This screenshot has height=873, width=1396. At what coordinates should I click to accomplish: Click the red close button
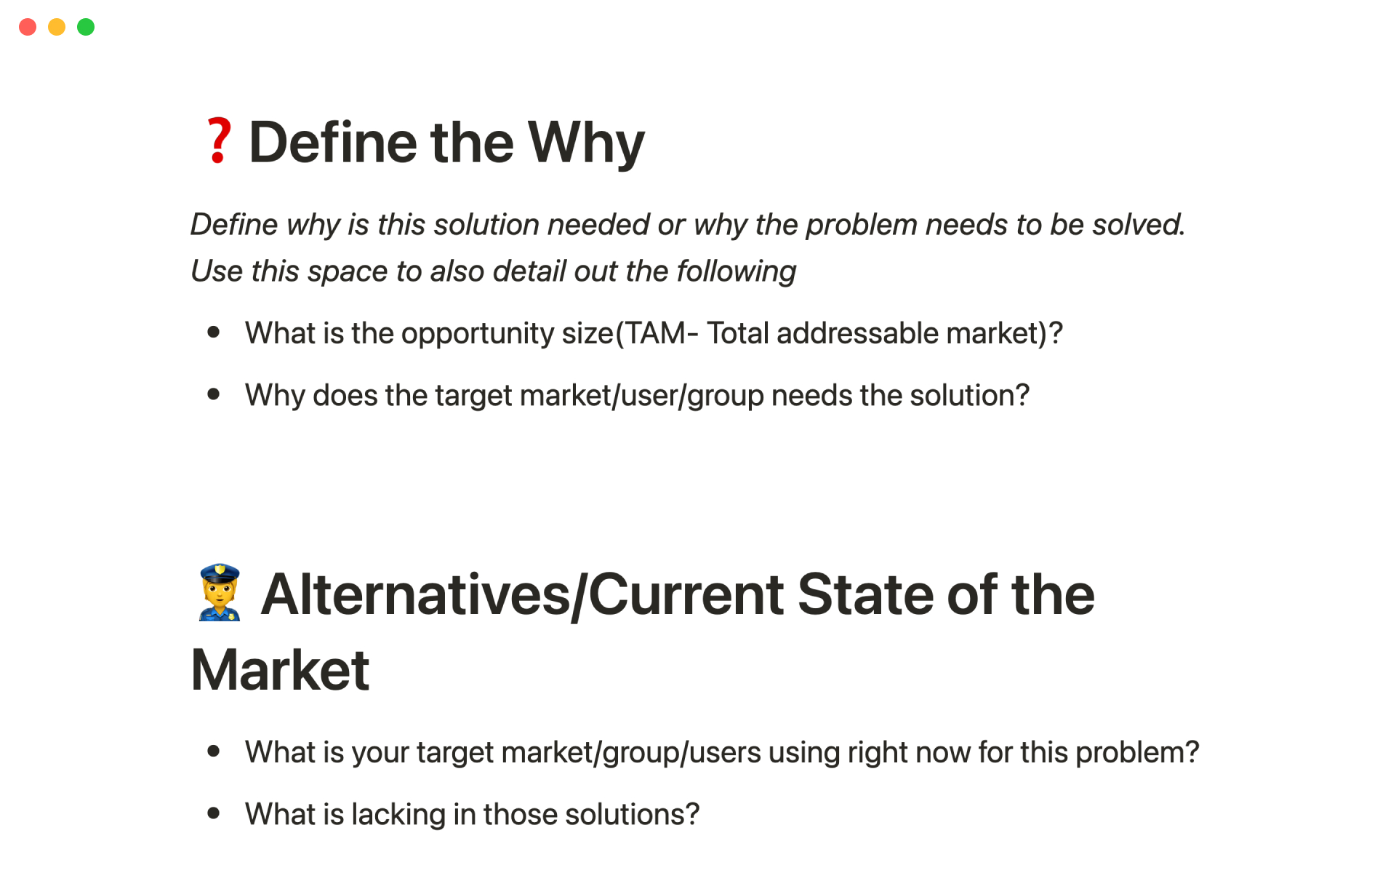[28, 27]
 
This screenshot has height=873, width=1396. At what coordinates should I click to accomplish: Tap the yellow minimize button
[57, 27]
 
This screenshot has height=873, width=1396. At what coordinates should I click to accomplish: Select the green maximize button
[86, 27]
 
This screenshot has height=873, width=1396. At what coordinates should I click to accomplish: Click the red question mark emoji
[218, 141]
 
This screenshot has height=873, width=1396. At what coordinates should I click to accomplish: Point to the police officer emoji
[219, 592]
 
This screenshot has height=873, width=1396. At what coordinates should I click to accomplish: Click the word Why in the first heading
[586, 144]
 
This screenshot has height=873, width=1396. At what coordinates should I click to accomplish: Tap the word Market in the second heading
[280, 670]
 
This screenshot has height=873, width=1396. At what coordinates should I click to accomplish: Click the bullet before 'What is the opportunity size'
[214, 332]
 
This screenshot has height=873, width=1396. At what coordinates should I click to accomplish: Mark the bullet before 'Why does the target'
[214, 394]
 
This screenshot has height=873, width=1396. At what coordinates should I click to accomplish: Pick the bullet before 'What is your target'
[214, 751]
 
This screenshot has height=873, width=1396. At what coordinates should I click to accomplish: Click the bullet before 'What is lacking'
[214, 813]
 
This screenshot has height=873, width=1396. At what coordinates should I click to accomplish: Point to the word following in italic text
[737, 272]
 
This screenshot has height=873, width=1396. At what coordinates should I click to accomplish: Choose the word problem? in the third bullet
[1137, 753]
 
